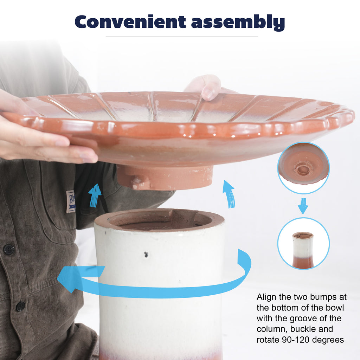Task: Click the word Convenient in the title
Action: coord(130,22)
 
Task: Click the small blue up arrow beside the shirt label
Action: coord(95,195)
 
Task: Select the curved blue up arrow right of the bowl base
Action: coord(229,194)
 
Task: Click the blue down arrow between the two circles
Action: coord(303,206)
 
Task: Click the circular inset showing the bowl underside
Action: coord(303,168)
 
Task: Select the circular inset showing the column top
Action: coord(303,243)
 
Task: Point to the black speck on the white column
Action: coord(146,254)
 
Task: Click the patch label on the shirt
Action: coord(71,201)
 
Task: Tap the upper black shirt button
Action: coord(9,249)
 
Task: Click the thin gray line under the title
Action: coord(182,37)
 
